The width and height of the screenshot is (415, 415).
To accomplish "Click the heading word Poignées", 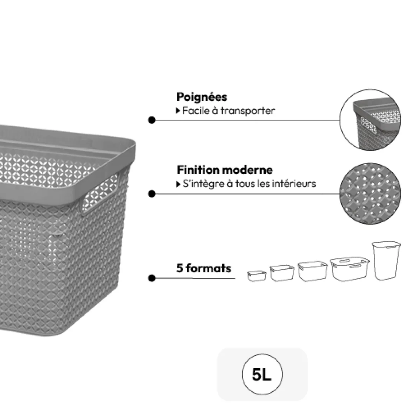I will tap(202, 97).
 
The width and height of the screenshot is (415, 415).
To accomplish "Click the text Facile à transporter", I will tap(228, 110).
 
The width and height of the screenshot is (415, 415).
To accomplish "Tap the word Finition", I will tap(198, 170).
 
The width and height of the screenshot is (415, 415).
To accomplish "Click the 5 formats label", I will tap(204, 268).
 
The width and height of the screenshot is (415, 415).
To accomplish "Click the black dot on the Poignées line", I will tap(152, 120).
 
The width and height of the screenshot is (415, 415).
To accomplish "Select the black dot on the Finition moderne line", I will tap(152, 193).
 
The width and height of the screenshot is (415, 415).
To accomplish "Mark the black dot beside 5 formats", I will tap(152, 278).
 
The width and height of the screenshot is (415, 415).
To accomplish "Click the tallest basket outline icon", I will tap(386, 261).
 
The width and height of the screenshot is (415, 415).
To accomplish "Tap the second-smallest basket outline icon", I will tap(279, 273).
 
